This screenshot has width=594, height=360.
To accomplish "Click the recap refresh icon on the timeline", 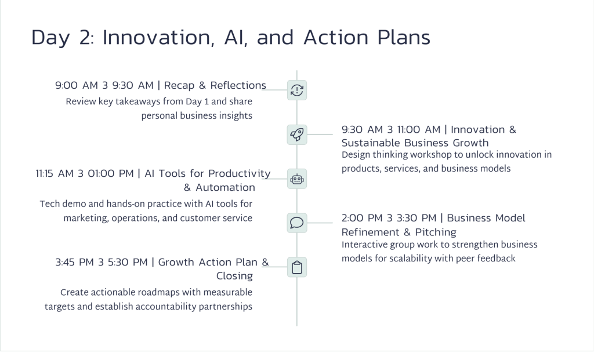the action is coord(297,90).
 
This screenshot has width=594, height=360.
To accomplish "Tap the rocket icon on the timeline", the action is coord(297,134).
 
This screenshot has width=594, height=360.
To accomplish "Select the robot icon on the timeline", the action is coord(297,179).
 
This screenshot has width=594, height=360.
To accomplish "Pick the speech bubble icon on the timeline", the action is coord(297,223).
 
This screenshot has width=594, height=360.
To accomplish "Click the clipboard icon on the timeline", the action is coord(297,267).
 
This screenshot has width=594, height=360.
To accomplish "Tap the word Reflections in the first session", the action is coord(238,85).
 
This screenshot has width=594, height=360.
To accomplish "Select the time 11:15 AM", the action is coord(55,173).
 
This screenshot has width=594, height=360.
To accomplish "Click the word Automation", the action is coord(226,187).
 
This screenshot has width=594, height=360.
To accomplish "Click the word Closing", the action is coord(234,276).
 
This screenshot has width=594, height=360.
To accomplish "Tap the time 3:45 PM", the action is coord(75,263).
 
